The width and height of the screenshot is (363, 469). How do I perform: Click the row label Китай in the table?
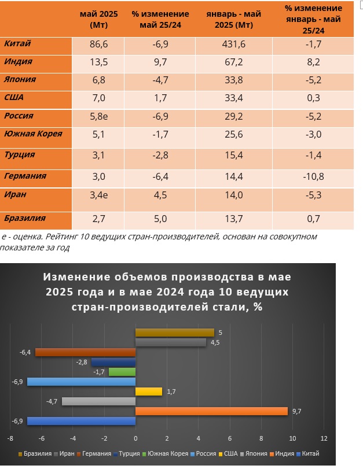pyautogui.click(x=17, y=44)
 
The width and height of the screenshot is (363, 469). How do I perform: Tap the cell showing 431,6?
pyautogui.click(x=234, y=44)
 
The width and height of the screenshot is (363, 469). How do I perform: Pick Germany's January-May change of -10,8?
pyautogui.click(x=313, y=176)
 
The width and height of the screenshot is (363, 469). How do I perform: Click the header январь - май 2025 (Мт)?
pyautogui.click(x=234, y=19)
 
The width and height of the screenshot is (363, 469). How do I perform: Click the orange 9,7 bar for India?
pyautogui.click(x=211, y=411)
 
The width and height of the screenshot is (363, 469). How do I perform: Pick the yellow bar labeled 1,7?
pyautogui.click(x=149, y=392)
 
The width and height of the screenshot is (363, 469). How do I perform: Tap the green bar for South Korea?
pyautogui.click(x=122, y=372)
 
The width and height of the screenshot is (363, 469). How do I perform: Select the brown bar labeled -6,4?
pyautogui.click(x=85, y=352)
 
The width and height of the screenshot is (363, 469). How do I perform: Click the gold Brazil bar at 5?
pyautogui.click(x=174, y=333)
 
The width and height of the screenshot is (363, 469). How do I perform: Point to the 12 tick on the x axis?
pyautogui.click(x=324, y=438)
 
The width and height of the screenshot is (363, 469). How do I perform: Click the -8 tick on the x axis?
pyautogui.click(x=10, y=438)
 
